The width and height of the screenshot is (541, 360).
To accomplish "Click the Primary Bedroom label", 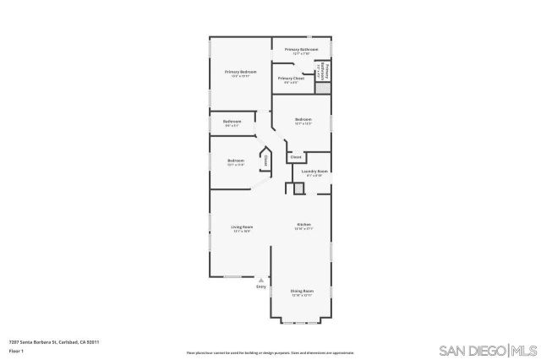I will click(x=240, y=73).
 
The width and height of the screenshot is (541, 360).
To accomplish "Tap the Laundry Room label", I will click(x=314, y=172).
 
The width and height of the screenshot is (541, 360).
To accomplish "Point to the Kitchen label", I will click(x=303, y=225).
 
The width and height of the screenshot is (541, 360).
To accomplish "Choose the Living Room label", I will click(x=243, y=227).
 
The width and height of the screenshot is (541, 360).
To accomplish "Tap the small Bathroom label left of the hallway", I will click(x=232, y=122).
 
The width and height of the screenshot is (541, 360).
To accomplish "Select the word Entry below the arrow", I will click(x=260, y=287).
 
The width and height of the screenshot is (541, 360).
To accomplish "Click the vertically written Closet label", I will click(x=265, y=160).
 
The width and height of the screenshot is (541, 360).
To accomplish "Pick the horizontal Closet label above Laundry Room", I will click(x=296, y=157).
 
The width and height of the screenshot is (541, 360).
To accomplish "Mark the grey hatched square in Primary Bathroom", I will click(x=321, y=87).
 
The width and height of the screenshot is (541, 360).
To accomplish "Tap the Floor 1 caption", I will click(x=16, y=351).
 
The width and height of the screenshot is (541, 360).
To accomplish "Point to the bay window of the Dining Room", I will click(x=302, y=322).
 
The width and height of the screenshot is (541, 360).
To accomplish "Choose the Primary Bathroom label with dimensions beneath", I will click(x=301, y=50).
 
